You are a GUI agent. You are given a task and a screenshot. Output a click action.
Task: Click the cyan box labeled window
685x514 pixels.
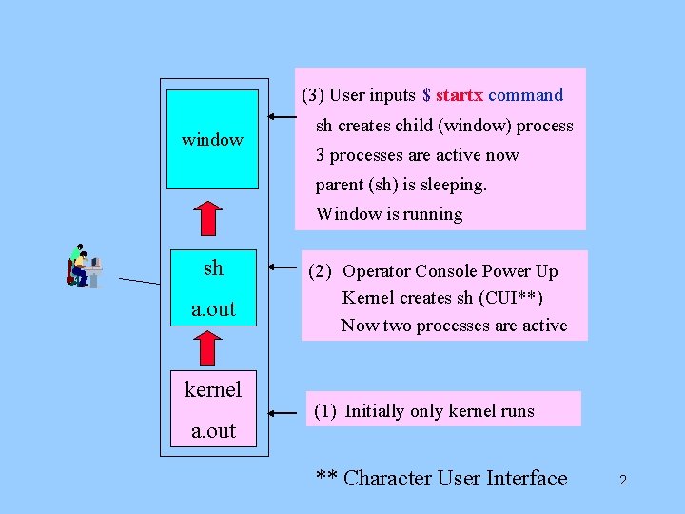[x=212, y=140]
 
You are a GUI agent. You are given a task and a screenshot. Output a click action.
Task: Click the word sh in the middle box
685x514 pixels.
[x=213, y=268]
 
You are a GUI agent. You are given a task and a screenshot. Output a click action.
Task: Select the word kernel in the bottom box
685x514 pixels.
[x=213, y=389]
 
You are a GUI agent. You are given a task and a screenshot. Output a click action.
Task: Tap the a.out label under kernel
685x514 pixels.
[x=213, y=431]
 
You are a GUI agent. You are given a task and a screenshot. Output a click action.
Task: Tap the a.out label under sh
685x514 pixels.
[x=213, y=309]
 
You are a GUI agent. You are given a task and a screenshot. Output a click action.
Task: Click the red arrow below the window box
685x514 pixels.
[x=213, y=217]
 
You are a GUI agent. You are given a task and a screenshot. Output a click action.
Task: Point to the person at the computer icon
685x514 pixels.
[x=84, y=266]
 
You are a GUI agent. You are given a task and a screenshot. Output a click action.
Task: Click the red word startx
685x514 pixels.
[x=460, y=95]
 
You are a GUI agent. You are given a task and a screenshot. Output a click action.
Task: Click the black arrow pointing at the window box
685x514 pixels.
[x=281, y=117]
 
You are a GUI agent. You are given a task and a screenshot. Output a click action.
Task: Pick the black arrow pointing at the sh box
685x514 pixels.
[x=281, y=268]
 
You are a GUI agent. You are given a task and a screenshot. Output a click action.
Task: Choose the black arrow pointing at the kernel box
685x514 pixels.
[x=283, y=413]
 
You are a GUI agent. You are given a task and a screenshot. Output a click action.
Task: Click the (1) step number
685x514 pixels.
[x=324, y=411]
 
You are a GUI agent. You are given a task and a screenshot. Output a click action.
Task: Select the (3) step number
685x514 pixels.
[x=312, y=95]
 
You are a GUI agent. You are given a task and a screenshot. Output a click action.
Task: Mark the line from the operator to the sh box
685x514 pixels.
[x=139, y=281]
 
